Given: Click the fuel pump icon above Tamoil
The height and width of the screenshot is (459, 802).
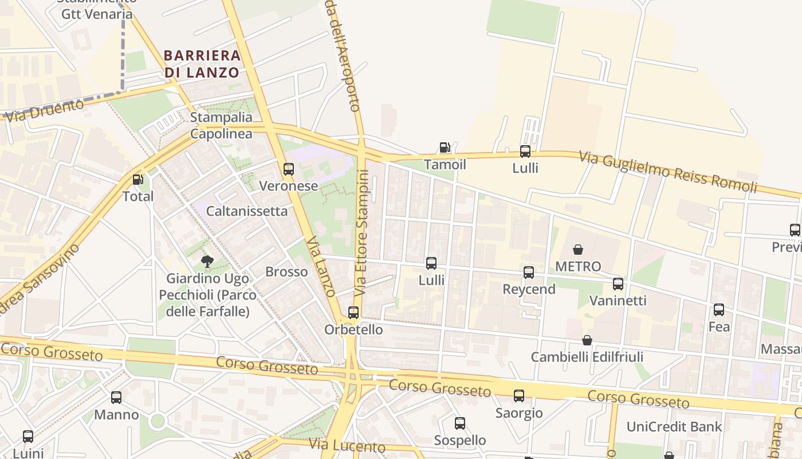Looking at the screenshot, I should click(x=445, y=148).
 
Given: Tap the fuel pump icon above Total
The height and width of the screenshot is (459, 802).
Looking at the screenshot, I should click(x=137, y=180).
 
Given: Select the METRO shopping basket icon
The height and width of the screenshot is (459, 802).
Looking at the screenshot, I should click(x=578, y=250).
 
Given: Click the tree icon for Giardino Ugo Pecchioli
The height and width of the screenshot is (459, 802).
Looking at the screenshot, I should click(x=207, y=262).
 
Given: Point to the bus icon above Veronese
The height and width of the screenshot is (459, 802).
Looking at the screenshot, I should click(x=289, y=169).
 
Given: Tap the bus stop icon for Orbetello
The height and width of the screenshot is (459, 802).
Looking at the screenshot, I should click(x=353, y=313).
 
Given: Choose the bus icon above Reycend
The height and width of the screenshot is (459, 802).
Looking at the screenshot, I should click(x=529, y=273).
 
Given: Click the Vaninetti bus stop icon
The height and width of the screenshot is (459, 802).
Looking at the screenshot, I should click(x=618, y=284).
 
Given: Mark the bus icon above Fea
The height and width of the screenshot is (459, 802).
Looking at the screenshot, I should click(x=718, y=310).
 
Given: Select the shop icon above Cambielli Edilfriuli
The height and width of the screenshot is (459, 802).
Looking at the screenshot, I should click(x=587, y=340).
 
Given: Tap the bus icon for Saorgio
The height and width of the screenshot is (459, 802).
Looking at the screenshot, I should click(x=518, y=396).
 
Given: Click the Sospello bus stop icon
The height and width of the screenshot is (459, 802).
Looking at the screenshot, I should click(x=459, y=423).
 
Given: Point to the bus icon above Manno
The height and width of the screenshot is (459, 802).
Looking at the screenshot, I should click(x=116, y=398).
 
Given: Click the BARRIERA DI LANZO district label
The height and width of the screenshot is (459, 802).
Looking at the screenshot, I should click(x=202, y=64).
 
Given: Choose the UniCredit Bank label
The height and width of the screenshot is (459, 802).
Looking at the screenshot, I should click(x=674, y=426).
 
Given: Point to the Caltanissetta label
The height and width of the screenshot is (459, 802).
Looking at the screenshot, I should click(x=246, y=211).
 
